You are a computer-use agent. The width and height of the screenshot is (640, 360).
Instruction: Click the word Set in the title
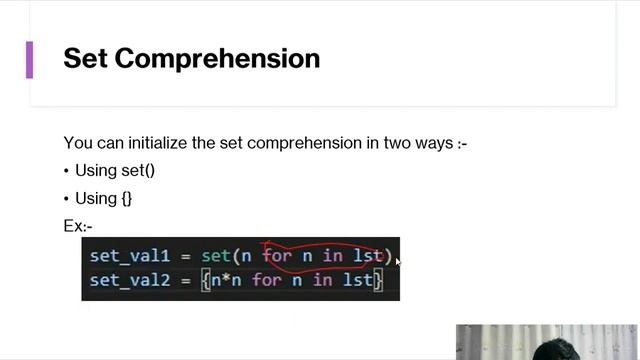pyautogui.click(x=85, y=58)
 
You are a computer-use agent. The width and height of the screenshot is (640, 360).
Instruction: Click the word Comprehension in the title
pyautogui.click(x=218, y=58)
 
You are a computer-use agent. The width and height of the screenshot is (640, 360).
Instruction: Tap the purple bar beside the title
pyautogui.click(x=29, y=59)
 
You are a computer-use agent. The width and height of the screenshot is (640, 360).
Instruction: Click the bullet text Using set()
pyautogui.click(x=114, y=170)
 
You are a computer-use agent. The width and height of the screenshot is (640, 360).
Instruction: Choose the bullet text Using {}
pyautogui.click(x=103, y=198)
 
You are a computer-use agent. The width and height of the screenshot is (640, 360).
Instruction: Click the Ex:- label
pyautogui.click(x=78, y=226)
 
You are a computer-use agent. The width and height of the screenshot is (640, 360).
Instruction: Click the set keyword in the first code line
pyautogui.click(x=215, y=256)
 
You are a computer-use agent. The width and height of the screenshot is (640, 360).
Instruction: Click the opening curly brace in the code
pyautogui.click(x=206, y=280)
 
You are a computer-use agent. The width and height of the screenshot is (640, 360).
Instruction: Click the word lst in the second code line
pyautogui.click(x=357, y=280)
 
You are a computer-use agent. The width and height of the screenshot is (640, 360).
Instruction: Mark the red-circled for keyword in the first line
pyautogui.click(x=277, y=256)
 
